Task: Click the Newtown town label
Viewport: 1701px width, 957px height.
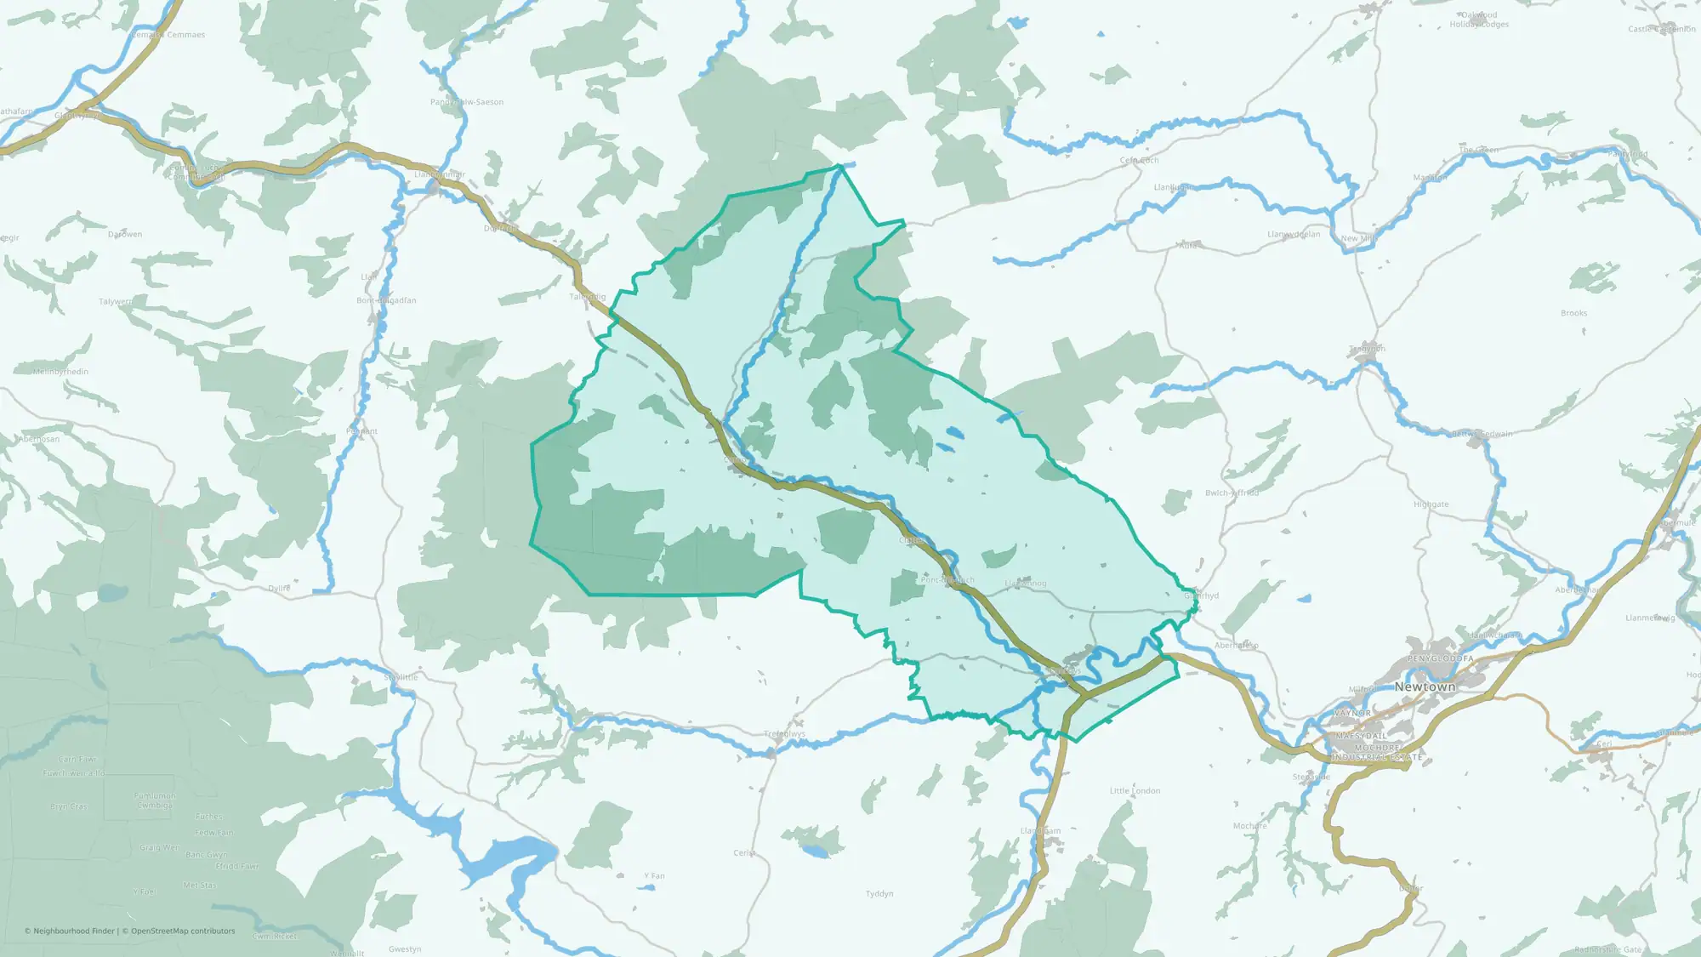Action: pos(1425,686)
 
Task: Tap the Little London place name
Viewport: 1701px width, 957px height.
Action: pos(1135,791)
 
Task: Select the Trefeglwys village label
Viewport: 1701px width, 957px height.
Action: pos(784,734)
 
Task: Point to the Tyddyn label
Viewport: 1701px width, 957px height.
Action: pos(879,894)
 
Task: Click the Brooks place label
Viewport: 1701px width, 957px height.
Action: pos(1573,313)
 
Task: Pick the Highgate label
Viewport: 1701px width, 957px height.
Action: pos(1431,504)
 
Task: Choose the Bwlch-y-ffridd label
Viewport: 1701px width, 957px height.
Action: pos(1232,493)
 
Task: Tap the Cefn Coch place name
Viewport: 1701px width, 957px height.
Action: pos(1139,160)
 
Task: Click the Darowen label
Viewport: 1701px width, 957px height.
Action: pos(125,235)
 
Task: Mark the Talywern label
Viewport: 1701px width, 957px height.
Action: pos(116,302)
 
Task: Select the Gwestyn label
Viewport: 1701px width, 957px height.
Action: pos(405,949)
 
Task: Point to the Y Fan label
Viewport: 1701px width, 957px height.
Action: pos(654,876)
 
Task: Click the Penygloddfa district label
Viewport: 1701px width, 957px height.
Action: pos(1440,659)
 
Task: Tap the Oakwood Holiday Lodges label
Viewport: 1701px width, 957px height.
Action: pos(1479,20)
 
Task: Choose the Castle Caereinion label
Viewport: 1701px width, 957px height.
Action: pos(1661,29)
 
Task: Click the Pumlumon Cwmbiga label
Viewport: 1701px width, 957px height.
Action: pos(155,800)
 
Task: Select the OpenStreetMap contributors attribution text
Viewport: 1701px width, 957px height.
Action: pos(183,931)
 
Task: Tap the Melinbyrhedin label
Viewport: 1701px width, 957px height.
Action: pos(60,372)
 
